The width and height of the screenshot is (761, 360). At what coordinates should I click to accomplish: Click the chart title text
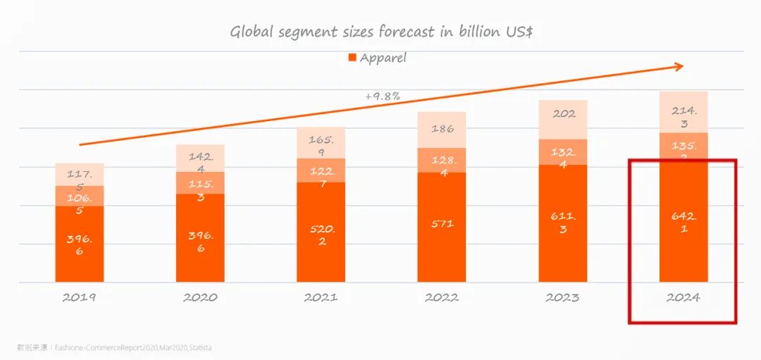point(380,32)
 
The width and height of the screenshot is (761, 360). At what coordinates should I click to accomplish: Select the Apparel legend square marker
point(352,58)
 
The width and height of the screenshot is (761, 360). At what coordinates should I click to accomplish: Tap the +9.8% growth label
point(383,96)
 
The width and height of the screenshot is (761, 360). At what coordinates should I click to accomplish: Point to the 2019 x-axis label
point(80,297)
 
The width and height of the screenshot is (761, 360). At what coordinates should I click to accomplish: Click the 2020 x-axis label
point(200,297)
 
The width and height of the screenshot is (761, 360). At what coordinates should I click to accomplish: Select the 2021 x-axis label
point(321,297)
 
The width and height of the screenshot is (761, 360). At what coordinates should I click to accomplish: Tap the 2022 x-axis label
point(442,297)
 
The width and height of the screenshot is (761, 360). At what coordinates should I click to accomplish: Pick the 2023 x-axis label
point(562,297)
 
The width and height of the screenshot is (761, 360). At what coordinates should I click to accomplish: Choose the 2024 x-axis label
point(683,297)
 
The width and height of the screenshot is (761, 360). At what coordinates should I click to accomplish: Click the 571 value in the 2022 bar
point(442,224)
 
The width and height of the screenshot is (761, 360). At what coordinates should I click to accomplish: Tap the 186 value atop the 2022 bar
point(442,129)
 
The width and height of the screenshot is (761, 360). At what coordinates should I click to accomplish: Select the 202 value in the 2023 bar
point(563,113)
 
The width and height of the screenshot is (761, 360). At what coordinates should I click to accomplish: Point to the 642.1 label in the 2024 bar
point(683,223)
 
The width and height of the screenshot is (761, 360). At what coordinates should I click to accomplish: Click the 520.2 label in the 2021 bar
point(321,235)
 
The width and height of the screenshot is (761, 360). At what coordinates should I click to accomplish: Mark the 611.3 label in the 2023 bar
point(563,223)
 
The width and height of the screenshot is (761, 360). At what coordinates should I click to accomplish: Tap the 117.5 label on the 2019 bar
point(80,180)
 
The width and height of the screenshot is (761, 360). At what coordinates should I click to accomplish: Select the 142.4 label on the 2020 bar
point(200,163)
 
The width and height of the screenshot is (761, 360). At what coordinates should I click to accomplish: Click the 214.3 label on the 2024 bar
point(683,116)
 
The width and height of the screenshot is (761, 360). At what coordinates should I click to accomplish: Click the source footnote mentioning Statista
point(115,347)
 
